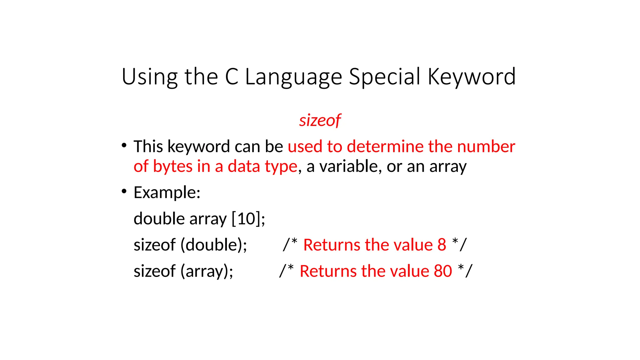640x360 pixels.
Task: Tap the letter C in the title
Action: (232, 77)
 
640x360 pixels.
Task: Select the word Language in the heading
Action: (293, 77)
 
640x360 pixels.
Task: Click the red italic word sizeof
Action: (320, 120)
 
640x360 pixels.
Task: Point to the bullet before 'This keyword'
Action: (124, 145)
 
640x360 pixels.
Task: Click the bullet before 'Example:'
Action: (124, 191)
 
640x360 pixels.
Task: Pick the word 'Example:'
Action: (167, 192)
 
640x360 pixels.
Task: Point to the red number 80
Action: (442, 271)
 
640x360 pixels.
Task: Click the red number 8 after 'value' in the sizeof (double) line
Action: (442, 245)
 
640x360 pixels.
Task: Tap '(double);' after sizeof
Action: (214, 245)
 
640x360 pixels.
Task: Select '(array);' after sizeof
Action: (207, 271)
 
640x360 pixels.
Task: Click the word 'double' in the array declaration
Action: (159, 218)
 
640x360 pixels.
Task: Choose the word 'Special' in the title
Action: (384, 77)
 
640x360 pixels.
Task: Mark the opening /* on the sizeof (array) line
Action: (287, 270)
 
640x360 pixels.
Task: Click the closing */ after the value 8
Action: (459, 244)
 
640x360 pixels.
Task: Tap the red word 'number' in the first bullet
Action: (486, 147)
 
